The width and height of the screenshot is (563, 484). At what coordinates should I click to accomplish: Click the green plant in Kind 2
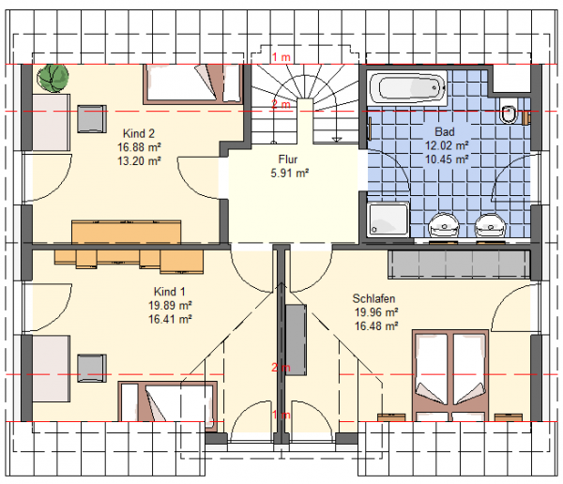click(53, 78)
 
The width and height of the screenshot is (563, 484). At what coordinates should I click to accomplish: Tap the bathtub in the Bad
click(408, 87)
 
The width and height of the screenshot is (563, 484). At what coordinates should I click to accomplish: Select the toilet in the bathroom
click(509, 112)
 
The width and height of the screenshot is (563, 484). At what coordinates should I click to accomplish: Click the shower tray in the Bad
click(388, 219)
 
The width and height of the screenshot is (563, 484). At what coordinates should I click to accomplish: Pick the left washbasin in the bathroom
click(444, 225)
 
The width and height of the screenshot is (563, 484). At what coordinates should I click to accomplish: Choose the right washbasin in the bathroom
click(491, 225)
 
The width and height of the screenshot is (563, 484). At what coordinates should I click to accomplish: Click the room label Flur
click(288, 159)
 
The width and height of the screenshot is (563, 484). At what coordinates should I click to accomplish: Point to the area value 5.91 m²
click(290, 174)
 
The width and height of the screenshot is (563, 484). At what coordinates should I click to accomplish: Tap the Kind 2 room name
click(139, 133)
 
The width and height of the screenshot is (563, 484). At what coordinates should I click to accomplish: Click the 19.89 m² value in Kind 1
click(170, 305)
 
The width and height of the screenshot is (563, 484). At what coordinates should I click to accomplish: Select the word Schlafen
click(373, 298)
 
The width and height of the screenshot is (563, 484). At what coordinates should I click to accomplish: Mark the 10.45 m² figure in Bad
click(447, 159)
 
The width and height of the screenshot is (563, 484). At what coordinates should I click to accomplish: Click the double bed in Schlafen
click(450, 375)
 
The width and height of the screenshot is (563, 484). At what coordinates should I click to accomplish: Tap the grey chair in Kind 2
click(92, 119)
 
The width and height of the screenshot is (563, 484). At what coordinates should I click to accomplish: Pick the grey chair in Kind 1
click(92, 368)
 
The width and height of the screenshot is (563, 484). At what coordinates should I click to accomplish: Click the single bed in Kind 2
click(193, 84)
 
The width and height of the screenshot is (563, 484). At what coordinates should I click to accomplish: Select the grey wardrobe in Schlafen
click(459, 265)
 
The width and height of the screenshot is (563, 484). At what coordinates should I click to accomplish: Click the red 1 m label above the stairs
click(281, 57)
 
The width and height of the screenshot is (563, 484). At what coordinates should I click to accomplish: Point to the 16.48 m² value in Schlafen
click(376, 326)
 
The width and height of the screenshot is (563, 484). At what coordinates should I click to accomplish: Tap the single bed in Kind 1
click(168, 401)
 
